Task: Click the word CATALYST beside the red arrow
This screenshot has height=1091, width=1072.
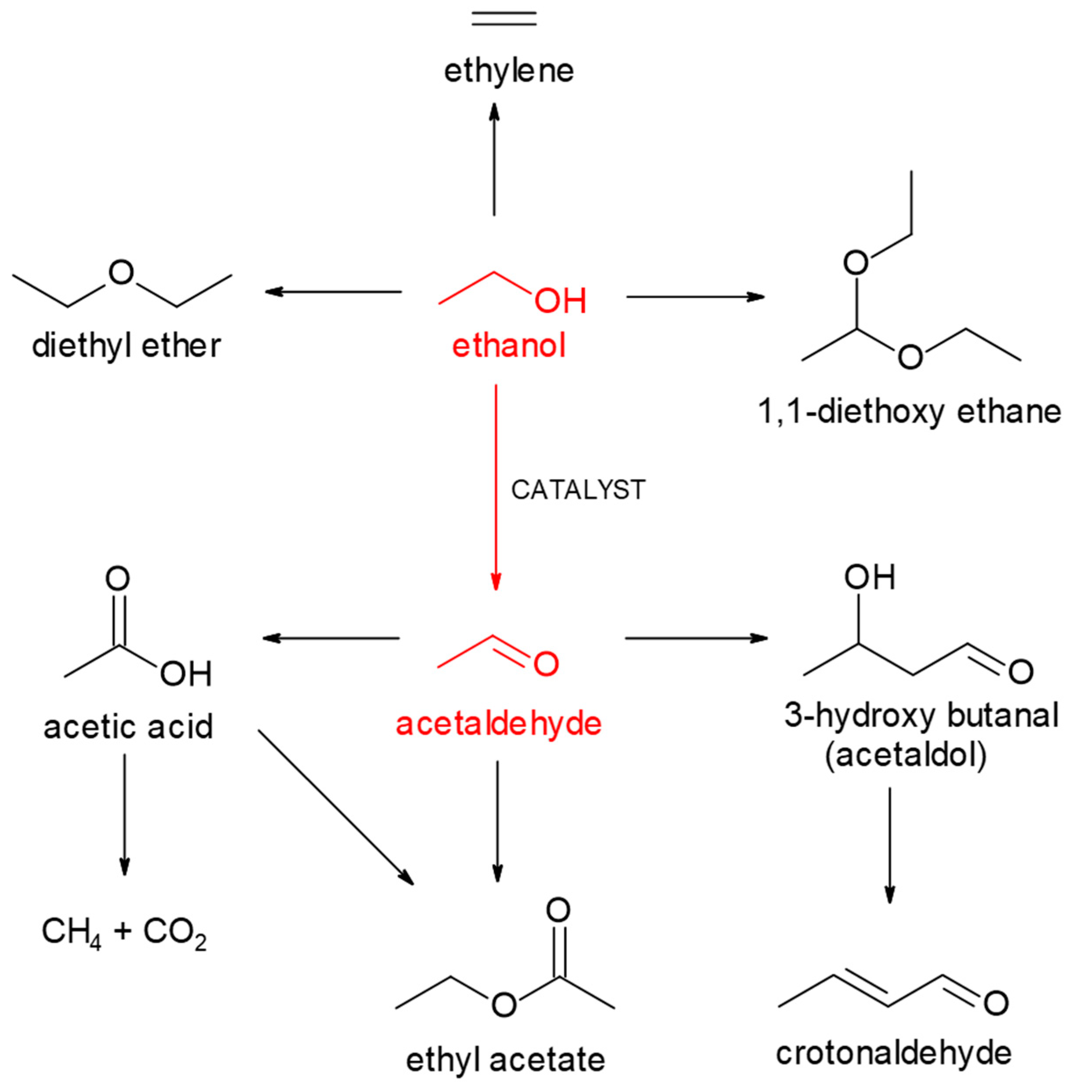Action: click(x=578, y=490)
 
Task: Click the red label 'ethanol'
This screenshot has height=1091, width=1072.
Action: click(x=509, y=345)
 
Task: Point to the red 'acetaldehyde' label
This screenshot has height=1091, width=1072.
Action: click(x=498, y=724)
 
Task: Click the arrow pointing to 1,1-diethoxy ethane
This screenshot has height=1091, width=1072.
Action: click(x=695, y=297)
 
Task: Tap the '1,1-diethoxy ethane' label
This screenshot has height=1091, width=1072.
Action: click(x=909, y=412)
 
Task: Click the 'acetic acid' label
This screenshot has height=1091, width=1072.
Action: click(x=128, y=726)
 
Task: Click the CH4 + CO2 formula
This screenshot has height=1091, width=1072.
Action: click(x=124, y=932)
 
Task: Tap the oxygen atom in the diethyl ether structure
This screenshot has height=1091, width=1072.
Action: click(x=121, y=273)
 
